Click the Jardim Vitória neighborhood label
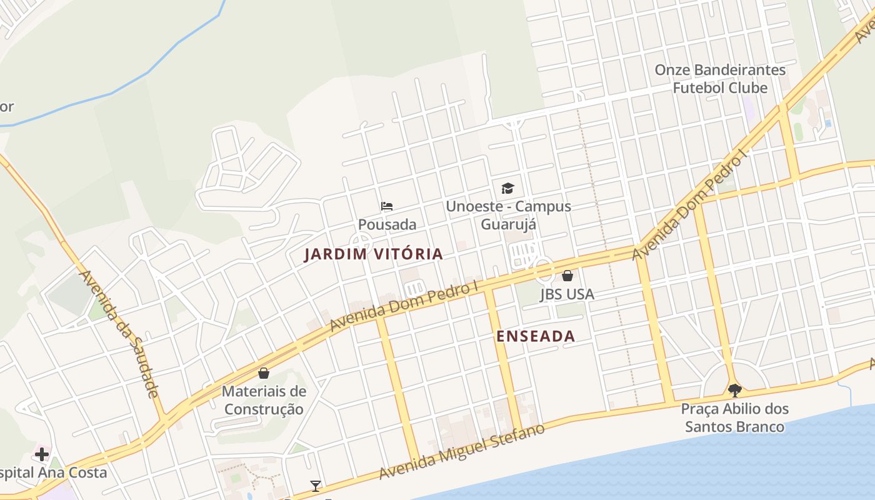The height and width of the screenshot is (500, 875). tap(373, 254)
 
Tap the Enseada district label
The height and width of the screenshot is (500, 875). tap(535, 336)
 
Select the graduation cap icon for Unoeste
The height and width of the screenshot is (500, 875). tap(507, 188)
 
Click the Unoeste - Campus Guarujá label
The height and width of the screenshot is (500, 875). tap(508, 215)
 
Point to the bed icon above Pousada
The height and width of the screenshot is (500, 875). tap(387, 206)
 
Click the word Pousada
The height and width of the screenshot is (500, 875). tap(387, 224)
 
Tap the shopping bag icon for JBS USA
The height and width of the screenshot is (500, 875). tap(567, 276)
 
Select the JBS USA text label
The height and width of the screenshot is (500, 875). tap(567, 294)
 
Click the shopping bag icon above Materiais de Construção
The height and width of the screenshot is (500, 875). tap(264, 373)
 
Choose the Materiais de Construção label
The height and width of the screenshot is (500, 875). tap(264, 400)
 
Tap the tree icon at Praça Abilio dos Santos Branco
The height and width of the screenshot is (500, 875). tap(734, 391)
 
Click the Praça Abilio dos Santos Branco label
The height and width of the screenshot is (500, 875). tap(734, 418)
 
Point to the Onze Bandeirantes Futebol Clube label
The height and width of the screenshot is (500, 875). tap(720, 79)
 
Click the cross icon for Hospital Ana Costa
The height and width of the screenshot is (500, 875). tap(42, 454)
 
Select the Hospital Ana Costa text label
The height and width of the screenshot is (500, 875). tap(53, 472)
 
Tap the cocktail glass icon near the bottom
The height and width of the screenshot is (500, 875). tap(316, 486)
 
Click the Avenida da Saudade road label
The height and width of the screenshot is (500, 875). tap(119, 334)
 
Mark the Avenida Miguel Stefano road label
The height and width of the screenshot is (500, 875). tap(462, 451)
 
